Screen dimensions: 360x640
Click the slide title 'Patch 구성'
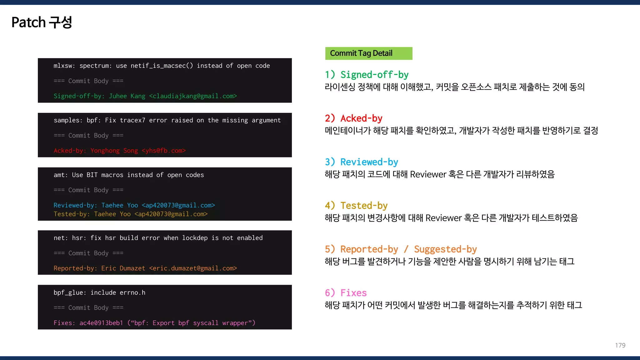pos(42,22)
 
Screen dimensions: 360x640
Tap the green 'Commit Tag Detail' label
pos(361,53)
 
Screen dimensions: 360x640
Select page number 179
pos(620,345)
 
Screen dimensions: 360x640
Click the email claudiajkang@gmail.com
pos(193,96)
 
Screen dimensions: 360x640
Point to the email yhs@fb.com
pos(164,151)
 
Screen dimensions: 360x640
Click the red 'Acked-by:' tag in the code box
pos(68,151)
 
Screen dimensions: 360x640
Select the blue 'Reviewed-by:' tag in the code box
pos(75,205)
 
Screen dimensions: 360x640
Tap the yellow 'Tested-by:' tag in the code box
pos(72,214)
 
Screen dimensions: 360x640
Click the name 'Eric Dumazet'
pos(123,268)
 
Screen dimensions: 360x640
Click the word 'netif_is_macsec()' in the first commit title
pos(162,66)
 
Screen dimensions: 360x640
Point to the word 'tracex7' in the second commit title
pos(132,120)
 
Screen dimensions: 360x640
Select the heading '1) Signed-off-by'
pos(367,75)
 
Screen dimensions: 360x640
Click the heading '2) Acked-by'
pos(353,118)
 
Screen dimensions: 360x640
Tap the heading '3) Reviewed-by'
pos(361,162)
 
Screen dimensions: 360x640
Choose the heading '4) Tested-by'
pos(356,206)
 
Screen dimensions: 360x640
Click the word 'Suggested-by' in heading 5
pos(445,249)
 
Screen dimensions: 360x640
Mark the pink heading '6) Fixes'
pos(346,293)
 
